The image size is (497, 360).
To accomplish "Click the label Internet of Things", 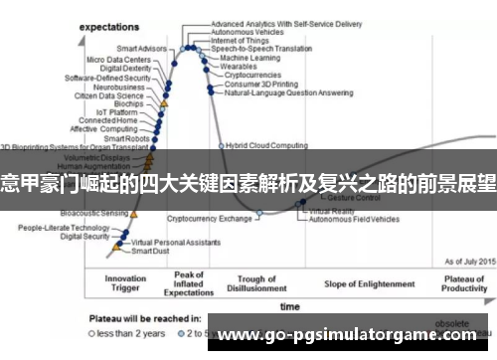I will point(243,40).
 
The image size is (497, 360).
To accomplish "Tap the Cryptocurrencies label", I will point(253,75).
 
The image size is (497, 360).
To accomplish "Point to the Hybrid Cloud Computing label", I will point(266,145).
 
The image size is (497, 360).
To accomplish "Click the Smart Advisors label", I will point(142,48).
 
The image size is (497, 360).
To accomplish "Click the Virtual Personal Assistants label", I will point(175,242).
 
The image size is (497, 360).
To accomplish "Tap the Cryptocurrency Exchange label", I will point(210,218).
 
